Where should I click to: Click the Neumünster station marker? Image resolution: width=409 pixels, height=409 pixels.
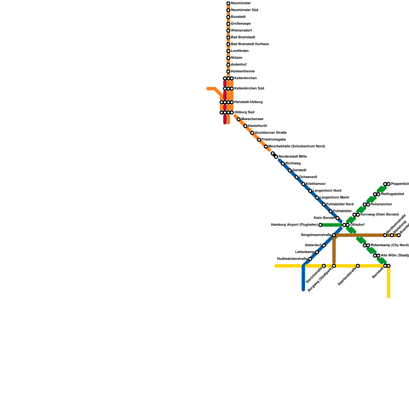[228, 3]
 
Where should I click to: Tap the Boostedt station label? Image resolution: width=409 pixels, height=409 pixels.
[238, 17]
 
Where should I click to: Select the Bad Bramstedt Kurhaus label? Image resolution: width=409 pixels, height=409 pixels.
[250, 44]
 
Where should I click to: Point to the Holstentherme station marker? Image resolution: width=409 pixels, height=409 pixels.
[228, 72]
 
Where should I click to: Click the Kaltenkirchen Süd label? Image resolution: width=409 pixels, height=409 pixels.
[249, 88]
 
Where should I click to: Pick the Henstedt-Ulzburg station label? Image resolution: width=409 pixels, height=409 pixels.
[248, 102]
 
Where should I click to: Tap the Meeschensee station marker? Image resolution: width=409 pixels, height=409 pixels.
[238, 119]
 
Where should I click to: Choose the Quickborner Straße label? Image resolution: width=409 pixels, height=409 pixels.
[270, 133]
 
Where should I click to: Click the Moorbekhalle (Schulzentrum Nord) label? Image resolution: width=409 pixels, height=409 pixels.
[297, 146]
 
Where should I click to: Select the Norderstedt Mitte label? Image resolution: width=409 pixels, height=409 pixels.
[292, 157]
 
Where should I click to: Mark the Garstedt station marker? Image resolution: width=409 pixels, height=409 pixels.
[290, 171]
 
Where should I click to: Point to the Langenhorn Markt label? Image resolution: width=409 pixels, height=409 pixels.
[334, 198]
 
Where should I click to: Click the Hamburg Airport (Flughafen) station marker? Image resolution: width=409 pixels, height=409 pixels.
[320, 225]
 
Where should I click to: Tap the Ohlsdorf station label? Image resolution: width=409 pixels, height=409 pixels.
[357, 225]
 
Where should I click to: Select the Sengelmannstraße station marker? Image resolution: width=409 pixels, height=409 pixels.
[334, 235]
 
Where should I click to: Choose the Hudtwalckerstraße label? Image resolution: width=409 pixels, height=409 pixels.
[292, 259]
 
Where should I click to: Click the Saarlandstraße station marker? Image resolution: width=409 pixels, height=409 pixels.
[358, 266]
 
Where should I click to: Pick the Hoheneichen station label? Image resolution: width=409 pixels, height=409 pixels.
[381, 204]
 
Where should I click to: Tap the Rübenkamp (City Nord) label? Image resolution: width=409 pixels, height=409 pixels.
[389, 245]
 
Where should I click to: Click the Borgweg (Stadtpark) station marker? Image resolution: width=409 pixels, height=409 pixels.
[334, 266]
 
